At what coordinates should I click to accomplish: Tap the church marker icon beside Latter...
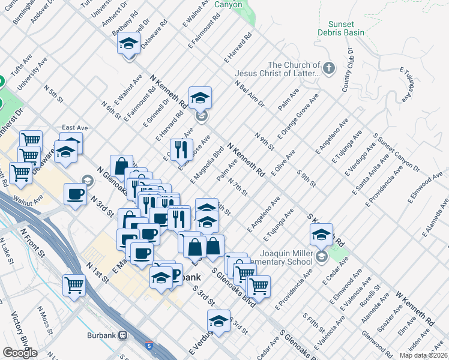point(328,68)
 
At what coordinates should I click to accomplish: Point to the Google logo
point(20,353)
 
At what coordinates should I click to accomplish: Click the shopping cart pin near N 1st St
point(74,284)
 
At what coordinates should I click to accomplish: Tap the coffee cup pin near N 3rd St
point(75,194)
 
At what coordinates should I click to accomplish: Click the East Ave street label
point(74,128)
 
